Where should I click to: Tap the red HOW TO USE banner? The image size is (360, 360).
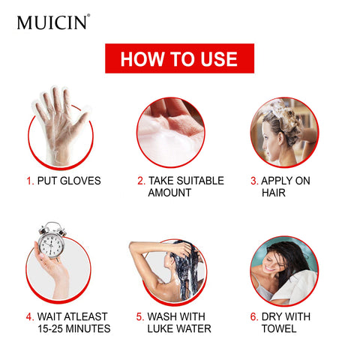pos(179,58)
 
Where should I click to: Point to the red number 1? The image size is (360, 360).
pos(29,181)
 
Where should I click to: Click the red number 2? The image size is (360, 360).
pos(141,181)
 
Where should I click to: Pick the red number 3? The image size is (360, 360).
pos(254,181)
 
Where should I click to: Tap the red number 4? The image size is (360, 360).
pos(29,317)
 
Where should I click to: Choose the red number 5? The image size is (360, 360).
pos(140,317)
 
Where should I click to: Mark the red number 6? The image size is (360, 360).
pos(254,317)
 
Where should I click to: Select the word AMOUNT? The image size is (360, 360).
pos(169,193)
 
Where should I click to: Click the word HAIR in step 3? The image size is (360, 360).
pos(274,193)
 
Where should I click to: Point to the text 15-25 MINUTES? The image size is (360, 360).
pos(73,329)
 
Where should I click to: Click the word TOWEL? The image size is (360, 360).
pos(279,329)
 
